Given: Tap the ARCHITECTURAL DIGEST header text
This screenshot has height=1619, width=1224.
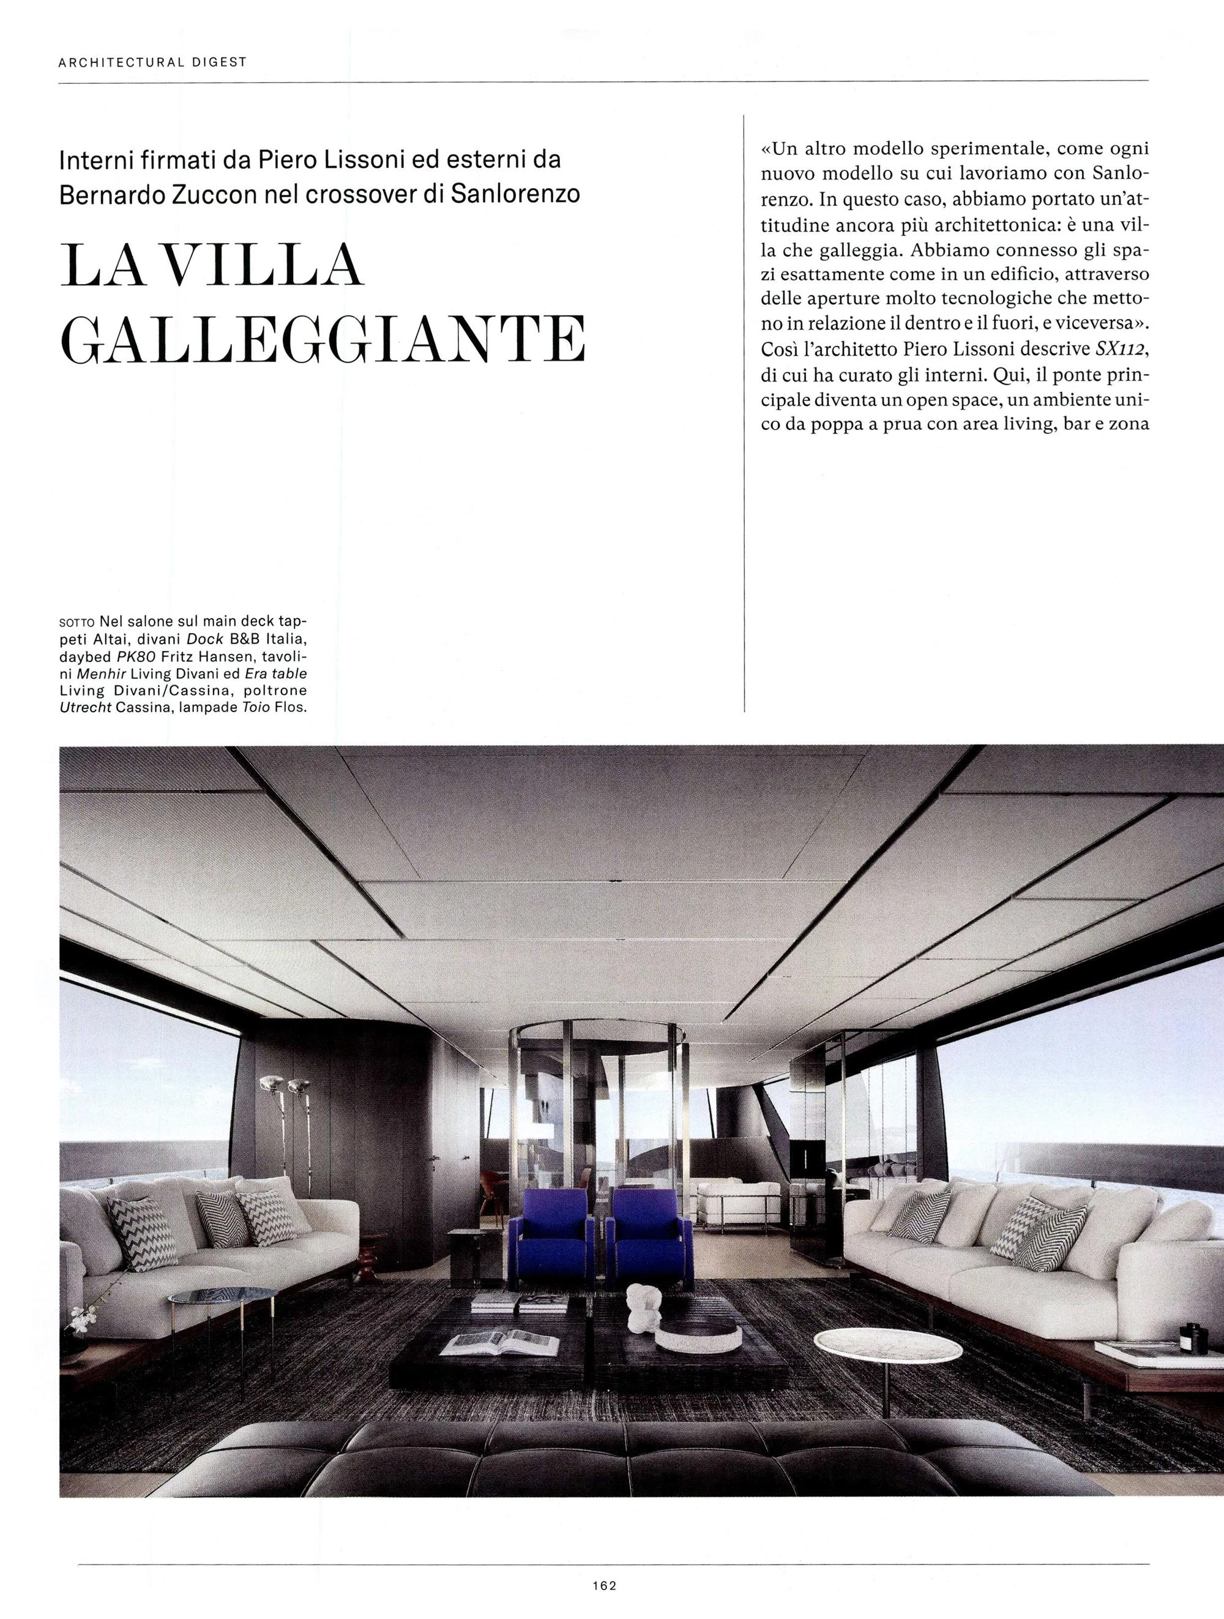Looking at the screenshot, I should (152, 62).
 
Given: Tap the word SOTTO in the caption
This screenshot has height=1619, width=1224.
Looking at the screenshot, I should (75, 621).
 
